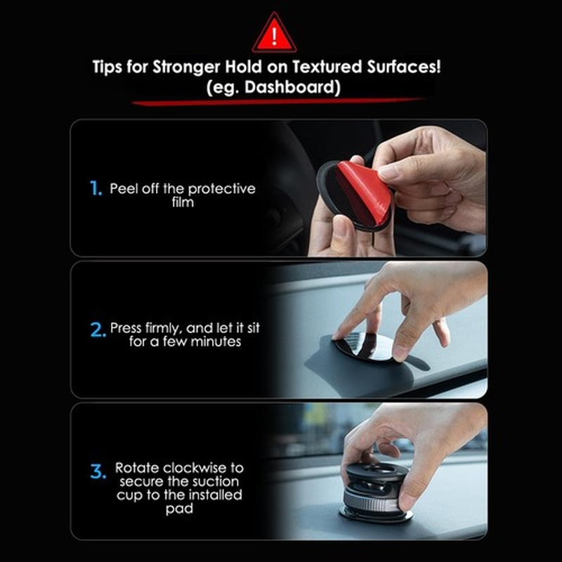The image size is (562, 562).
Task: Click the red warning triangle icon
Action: coord(275,33)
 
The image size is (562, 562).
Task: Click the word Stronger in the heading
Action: coord(185,68)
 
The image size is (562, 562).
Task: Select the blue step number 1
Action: coord(96,188)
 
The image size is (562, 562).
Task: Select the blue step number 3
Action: coord(98,471)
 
